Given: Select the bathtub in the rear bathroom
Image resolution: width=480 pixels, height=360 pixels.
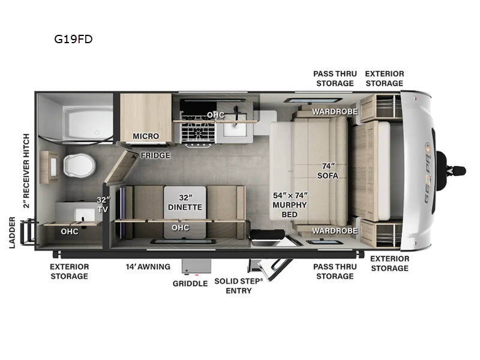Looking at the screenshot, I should pyautogui.click(x=81, y=122).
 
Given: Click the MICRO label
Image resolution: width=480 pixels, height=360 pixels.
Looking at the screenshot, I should pyautogui.click(x=146, y=136).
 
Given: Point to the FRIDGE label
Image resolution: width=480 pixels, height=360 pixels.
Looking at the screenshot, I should pyautogui.click(x=155, y=155).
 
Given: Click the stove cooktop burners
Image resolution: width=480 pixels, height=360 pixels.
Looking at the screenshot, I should pyautogui.click(x=198, y=131).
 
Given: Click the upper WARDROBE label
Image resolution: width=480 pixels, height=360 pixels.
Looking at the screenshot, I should pyautogui.click(x=334, y=112).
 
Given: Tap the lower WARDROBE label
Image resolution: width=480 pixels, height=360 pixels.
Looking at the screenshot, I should pyautogui.click(x=334, y=229).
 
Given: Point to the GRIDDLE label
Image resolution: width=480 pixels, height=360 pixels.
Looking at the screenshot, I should pyautogui.click(x=190, y=284).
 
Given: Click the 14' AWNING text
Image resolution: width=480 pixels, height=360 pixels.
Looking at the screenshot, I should pyautogui.click(x=148, y=266).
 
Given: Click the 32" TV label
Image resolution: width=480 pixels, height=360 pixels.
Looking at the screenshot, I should pyautogui.click(x=104, y=204).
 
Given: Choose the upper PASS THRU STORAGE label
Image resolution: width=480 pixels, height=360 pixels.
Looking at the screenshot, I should pyautogui.click(x=335, y=79).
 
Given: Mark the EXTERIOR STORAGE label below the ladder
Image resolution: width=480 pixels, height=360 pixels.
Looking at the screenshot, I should pyautogui.click(x=69, y=271).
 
